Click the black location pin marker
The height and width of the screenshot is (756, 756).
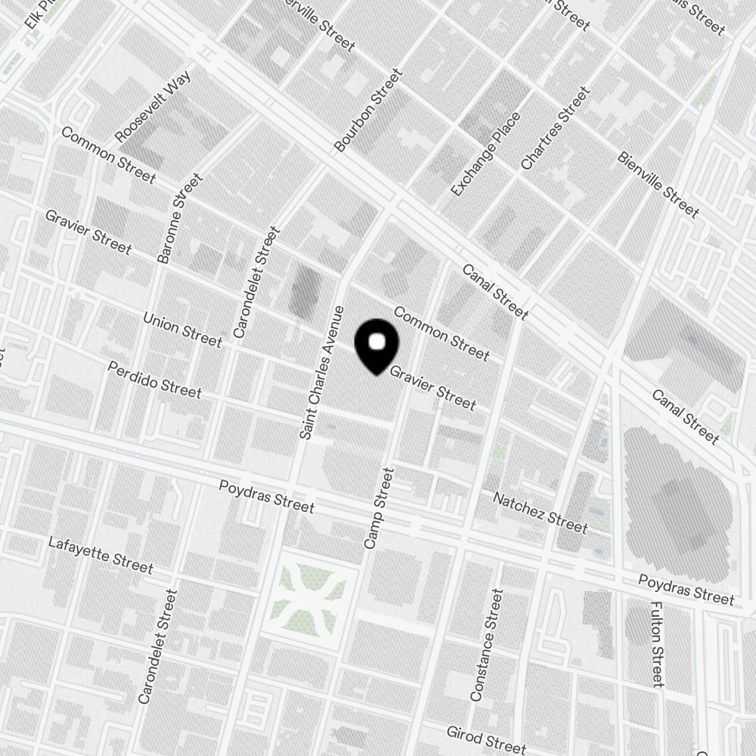pos(376,347)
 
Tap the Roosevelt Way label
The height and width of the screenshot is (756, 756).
pos(153,106)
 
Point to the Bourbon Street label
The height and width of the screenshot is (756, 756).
pos(368,110)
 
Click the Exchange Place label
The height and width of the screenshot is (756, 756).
pos(486,154)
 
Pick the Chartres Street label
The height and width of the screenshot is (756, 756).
pos(555,129)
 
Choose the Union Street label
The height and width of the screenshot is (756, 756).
pos(183,330)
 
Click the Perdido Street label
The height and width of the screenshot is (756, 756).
pos(154,380)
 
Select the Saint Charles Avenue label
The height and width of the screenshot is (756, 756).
pos(321,373)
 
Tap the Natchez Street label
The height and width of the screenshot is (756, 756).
pos(540,512)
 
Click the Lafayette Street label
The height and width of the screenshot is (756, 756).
pos(101,554)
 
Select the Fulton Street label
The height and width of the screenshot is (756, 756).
pos(656,644)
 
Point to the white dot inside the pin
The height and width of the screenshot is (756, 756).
pos(376,342)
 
